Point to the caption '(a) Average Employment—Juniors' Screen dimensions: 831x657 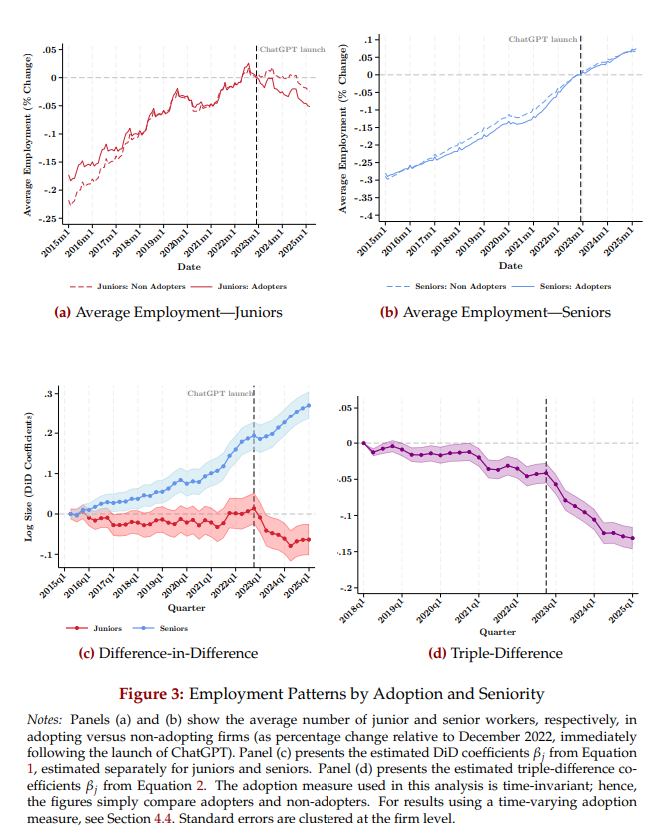pyautogui.click(x=168, y=312)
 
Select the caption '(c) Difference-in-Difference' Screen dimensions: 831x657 pyautogui.click(x=168, y=653)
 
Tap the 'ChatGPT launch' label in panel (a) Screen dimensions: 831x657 pyautogui.click(x=287, y=48)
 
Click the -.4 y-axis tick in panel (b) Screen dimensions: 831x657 pyautogui.click(x=368, y=216)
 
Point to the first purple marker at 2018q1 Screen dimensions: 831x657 pyautogui.click(x=364, y=443)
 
